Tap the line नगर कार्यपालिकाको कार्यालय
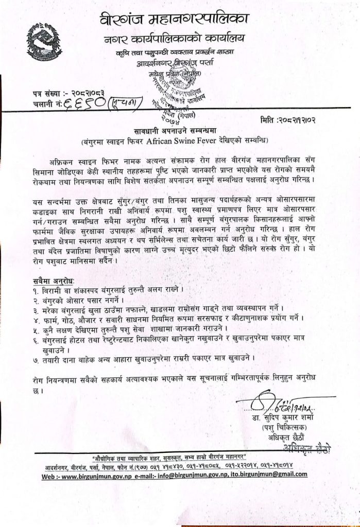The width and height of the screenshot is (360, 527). click(x=178, y=39)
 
